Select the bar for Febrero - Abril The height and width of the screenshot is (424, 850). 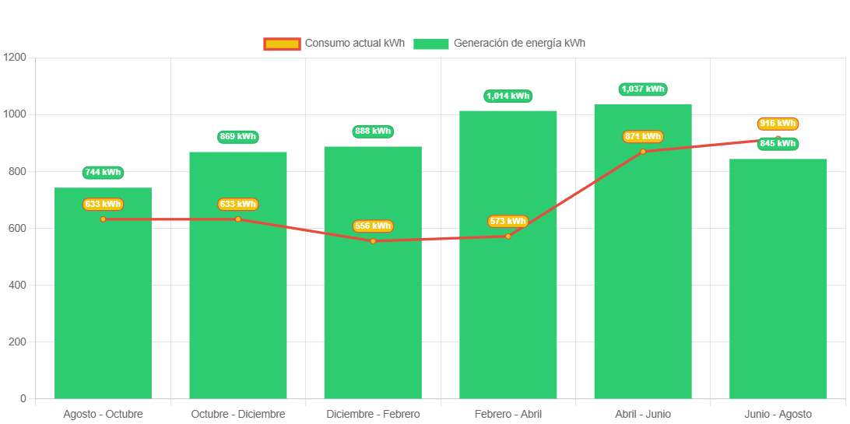point(508,311)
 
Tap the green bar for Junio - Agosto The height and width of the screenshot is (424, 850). point(778,296)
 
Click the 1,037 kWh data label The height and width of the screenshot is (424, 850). point(643,89)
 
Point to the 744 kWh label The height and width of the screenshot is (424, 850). point(103,173)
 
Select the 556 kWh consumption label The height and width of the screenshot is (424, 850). point(373,226)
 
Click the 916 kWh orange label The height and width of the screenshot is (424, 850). point(778,124)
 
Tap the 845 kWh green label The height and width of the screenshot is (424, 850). point(778,144)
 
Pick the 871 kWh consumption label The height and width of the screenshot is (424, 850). point(643,137)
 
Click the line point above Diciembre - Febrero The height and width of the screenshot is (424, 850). point(373,241)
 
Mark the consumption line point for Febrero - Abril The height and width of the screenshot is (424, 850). point(508,236)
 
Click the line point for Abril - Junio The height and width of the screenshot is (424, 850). point(643,151)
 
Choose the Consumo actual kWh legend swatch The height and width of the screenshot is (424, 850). point(281,44)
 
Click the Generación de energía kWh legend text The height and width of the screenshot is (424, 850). point(519,44)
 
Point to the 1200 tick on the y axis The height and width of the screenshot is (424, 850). point(15,58)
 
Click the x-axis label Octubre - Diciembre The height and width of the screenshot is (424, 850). point(238,414)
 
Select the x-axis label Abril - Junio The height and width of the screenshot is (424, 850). point(643,414)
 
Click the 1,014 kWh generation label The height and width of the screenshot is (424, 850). point(508,96)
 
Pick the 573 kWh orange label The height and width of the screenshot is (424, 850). point(508,222)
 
